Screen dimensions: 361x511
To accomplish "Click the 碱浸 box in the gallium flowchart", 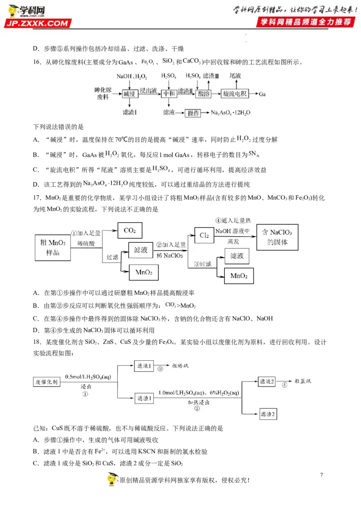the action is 130,94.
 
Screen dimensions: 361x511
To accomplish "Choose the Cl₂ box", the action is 204,235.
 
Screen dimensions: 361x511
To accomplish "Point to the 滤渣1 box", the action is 145,397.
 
